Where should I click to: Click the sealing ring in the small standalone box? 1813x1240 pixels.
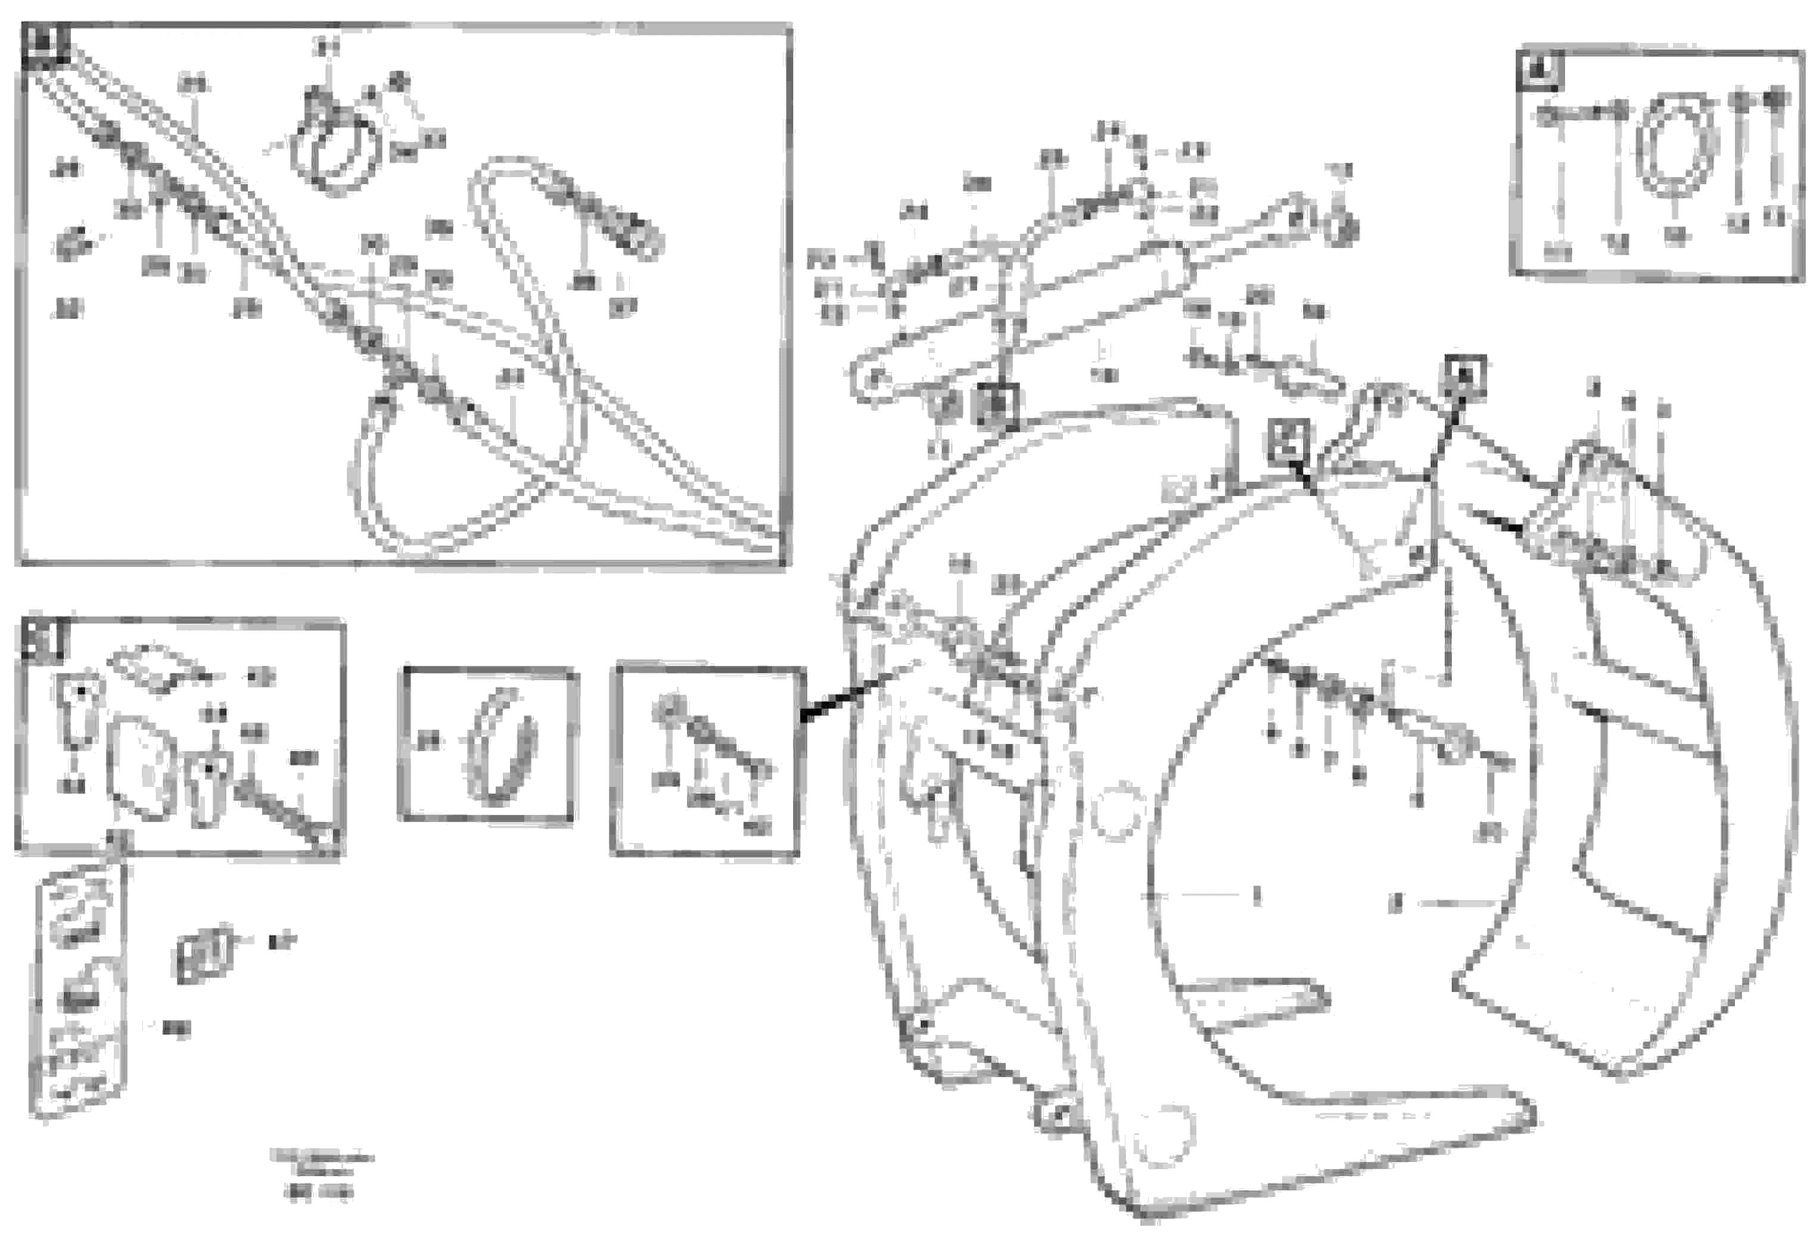click(504, 748)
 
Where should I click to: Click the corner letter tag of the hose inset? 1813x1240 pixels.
click(46, 43)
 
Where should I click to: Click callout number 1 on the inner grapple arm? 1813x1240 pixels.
click(1257, 897)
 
